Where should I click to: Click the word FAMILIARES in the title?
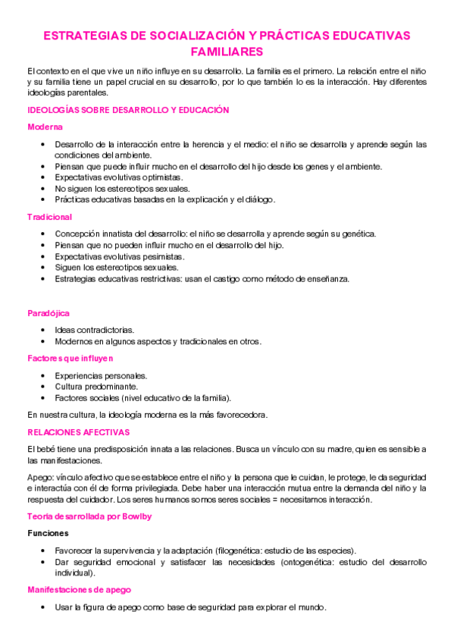(227, 52)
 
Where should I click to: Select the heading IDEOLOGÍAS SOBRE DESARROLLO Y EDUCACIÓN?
(127, 110)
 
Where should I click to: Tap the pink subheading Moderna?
(45, 127)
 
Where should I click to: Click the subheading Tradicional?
(49, 217)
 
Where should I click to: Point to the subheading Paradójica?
(48, 313)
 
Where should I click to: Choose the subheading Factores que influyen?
(70, 358)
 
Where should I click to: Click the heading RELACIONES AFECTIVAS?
(78, 432)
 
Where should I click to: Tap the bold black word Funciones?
(48, 534)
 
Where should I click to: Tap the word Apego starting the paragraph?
(39, 476)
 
